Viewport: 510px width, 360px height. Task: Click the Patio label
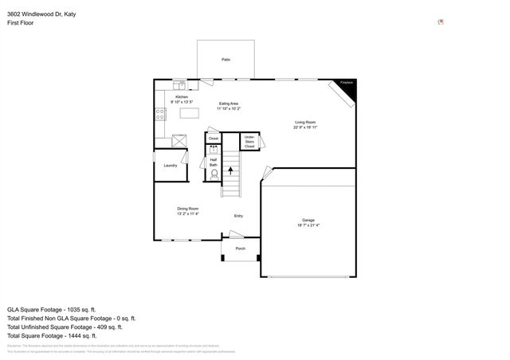(226, 60)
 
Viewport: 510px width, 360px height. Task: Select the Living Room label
(305, 124)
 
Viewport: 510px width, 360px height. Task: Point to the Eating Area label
(229, 106)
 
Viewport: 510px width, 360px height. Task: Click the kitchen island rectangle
(190, 113)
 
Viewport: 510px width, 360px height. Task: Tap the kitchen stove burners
(160, 114)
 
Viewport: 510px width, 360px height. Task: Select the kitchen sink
(181, 84)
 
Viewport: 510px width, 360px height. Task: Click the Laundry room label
(171, 165)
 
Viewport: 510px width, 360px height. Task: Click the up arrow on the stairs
(231, 169)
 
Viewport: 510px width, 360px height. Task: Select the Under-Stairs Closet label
(249, 142)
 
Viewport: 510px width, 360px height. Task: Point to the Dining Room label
(187, 211)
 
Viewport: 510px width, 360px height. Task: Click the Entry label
(238, 216)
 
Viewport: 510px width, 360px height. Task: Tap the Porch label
(240, 248)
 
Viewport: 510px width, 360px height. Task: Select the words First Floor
(21, 23)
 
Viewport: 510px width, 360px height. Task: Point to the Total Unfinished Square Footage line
(65, 327)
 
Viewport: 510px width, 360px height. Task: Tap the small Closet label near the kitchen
(214, 139)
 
